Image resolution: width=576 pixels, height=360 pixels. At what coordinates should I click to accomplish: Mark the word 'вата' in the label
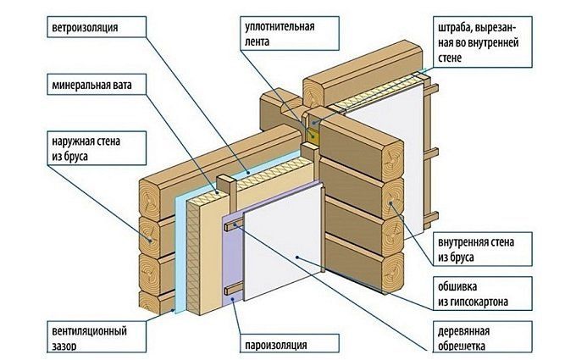click(x=123, y=86)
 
